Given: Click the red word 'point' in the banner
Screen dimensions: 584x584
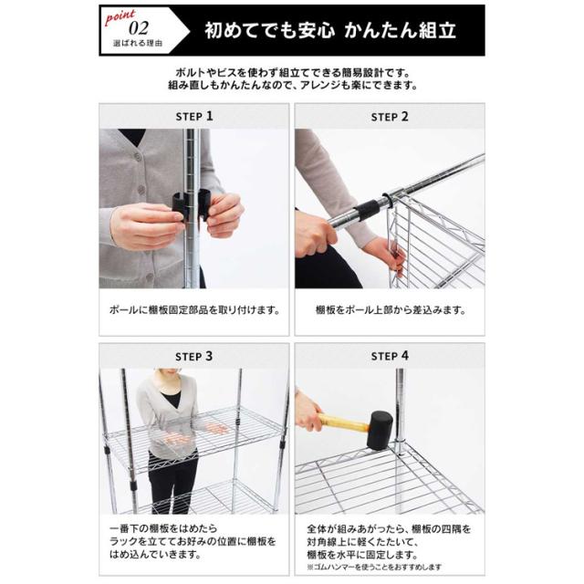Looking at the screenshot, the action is click(x=120, y=17).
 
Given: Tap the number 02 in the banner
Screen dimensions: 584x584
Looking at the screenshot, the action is click(x=139, y=28).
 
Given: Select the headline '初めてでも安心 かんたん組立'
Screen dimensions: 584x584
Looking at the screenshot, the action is click(x=330, y=30).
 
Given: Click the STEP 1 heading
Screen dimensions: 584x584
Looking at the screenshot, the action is click(x=194, y=116).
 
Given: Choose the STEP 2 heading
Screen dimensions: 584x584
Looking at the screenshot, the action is click(x=390, y=117).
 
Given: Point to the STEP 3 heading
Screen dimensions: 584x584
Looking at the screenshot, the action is click(x=194, y=357).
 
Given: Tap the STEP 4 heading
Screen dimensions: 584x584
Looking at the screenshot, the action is click(x=390, y=356).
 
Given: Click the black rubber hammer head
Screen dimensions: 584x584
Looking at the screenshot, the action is click(x=380, y=431).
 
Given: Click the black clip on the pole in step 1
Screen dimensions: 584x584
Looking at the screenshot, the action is click(x=192, y=204).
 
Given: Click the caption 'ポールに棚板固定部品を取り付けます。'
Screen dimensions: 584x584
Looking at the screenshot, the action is click(x=194, y=310).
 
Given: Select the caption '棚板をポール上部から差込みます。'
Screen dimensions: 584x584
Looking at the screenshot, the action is click(x=390, y=310).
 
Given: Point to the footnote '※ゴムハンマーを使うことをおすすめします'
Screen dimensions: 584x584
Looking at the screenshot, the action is click(x=374, y=568).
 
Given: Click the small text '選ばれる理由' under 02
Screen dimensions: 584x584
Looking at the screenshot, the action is click(x=138, y=44).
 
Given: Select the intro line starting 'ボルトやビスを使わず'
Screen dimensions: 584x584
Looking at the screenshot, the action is click(x=292, y=72).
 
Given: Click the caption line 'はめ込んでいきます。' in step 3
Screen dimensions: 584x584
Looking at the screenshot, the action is click(x=155, y=555).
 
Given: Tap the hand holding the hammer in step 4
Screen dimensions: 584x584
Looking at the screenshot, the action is click(x=308, y=411).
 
